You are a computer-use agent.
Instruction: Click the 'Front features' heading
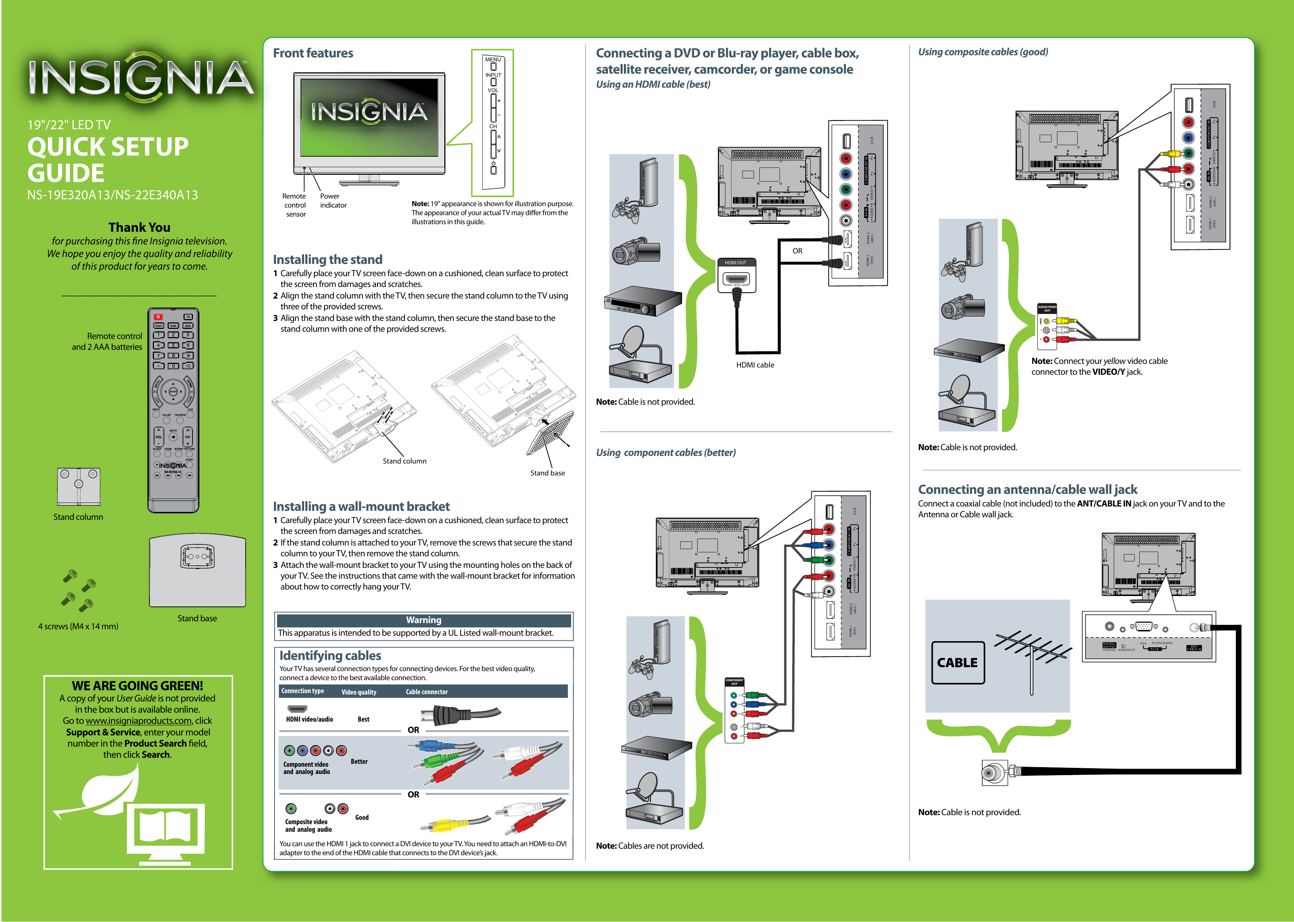[x=313, y=53]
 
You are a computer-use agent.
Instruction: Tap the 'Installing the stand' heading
[x=328, y=260]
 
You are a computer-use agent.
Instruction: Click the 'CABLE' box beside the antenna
[x=957, y=662]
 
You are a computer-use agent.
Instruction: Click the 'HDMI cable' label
[x=755, y=365]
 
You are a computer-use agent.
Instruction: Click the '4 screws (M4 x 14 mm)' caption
[x=78, y=626]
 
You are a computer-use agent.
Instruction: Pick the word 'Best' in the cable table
[x=363, y=719]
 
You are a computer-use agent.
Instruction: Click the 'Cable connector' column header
[x=427, y=692]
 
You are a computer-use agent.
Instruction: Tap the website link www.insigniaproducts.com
[x=139, y=721]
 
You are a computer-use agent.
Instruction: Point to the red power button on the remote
[x=159, y=317]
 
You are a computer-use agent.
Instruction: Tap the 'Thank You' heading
[x=139, y=227]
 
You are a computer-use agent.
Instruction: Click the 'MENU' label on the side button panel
[x=492, y=60]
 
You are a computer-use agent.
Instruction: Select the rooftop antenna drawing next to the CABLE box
[x=1031, y=658]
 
